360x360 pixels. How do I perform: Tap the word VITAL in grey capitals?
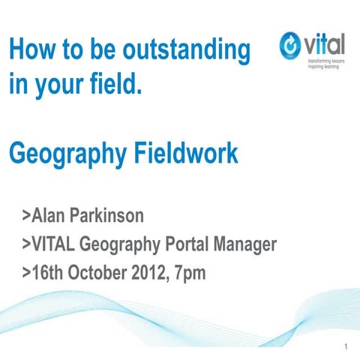[x=53, y=244]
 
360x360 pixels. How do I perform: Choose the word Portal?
[x=187, y=244]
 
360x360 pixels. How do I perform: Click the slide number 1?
[x=344, y=347]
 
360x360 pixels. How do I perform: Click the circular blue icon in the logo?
[x=290, y=46]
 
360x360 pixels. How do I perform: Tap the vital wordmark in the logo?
[x=324, y=43]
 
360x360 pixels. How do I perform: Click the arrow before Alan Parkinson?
[x=25, y=217]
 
